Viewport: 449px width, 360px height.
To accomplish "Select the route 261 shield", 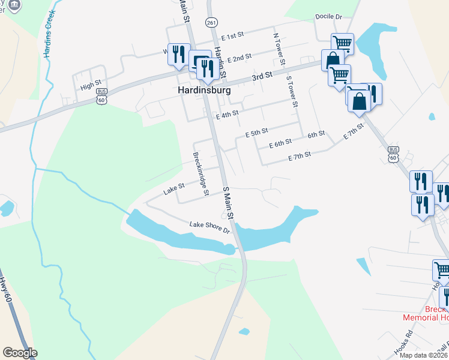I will pyautogui.click(x=211, y=22).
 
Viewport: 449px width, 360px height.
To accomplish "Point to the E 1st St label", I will pyautogui.click(x=235, y=37).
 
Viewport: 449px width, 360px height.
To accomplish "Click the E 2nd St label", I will pyautogui.click(x=239, y=58).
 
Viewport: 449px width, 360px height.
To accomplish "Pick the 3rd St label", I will pyautogui.click(x=262, y=76).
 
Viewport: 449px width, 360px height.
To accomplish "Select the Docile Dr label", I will pyautogui.click(x=328, y=17).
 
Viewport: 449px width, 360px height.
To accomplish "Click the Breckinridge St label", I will pyautogui.click(x=200, y=170).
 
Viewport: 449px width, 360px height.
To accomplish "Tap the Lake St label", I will pyautogui.click(x=173, y=191).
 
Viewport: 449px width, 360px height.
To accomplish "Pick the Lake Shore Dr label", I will pyautogui.click(x=210, y=227).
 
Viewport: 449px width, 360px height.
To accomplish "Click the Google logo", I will pyautogui.click(x=20, y=353).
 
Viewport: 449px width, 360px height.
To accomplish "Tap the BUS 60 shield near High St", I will pyautogui.click(x=102, y=98).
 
